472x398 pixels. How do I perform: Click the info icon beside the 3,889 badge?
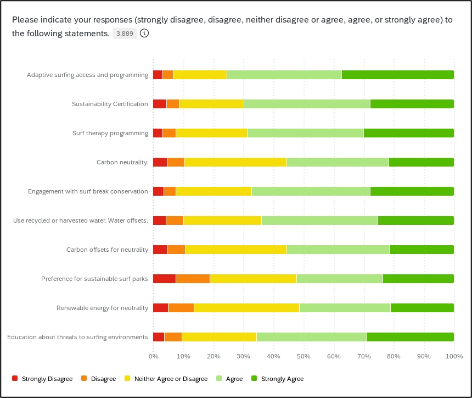(144, 34)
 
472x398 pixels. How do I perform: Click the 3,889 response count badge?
(124, 34)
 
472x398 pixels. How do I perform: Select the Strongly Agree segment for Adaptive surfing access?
(397, 75)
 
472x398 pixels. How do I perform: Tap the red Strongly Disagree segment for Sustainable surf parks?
(164, 279)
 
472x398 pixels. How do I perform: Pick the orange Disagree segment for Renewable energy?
(181, 308)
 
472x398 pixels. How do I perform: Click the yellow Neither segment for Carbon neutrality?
(235, 162)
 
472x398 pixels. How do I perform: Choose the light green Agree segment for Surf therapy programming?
(305, 133)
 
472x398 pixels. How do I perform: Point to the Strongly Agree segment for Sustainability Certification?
(412, 104)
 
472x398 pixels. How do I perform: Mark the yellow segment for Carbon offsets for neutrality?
(236, 250)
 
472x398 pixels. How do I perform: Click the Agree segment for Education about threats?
(311, 337)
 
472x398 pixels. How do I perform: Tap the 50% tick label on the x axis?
(304, 356)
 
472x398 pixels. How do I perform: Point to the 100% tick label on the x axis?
(453, 356)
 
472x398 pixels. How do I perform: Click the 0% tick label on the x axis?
(154, 356)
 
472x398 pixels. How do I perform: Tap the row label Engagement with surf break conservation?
(88, 191)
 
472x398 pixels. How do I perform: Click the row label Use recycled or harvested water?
(81, 220)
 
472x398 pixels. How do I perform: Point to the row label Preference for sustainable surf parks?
(94, 279)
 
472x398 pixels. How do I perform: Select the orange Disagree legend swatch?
(84, 379)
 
